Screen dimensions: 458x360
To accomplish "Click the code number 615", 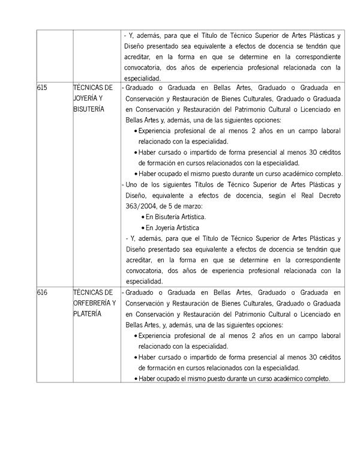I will (x=42, y=88).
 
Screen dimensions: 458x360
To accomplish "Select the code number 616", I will (x=42, y=292).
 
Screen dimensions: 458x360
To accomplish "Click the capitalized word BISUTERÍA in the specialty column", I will (x=88, y=109).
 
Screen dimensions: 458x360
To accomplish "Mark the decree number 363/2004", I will (x=143, y=206).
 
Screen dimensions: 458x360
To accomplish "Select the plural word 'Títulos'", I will (x=222, y=184).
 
